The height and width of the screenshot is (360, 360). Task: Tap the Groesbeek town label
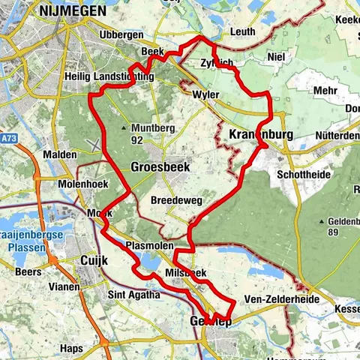pyautogui.click(x=160, y=167)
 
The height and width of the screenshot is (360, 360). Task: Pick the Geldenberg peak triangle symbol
pyautogui.click(x=322, y=221)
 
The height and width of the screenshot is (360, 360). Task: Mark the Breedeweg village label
pyautogui.click(x=174, y=202)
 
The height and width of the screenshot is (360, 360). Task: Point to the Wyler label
pyautogui.click(x=205, y=97)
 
